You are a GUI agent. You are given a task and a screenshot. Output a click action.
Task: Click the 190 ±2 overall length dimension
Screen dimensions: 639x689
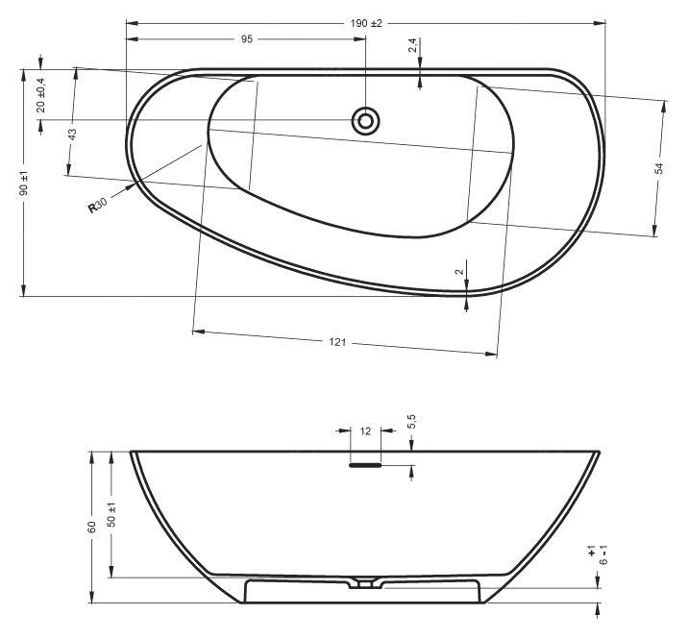point(366,23)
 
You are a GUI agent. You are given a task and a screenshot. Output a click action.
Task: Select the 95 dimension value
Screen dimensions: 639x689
point(246,39)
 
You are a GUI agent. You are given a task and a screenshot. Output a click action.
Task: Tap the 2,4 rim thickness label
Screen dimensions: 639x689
point(413,46)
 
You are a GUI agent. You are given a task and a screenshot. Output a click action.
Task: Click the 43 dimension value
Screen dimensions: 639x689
point(72,135)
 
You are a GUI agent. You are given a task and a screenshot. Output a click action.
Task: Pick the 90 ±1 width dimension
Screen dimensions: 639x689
point(24,183)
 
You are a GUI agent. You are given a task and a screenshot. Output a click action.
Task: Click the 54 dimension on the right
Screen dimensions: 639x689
point(659,168)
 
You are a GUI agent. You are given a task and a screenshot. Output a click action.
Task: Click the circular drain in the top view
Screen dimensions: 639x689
point(365,121)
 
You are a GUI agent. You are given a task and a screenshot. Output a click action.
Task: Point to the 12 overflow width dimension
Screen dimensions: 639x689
point(365,431)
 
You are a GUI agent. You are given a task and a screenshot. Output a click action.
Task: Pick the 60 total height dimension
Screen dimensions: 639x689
point(92,527)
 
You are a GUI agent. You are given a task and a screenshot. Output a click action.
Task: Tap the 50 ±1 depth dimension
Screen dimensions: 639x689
point(112,514)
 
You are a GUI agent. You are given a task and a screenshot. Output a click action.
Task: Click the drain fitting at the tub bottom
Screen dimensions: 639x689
point(365,581)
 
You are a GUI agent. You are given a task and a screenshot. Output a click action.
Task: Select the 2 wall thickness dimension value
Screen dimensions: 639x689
point(459,272)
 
